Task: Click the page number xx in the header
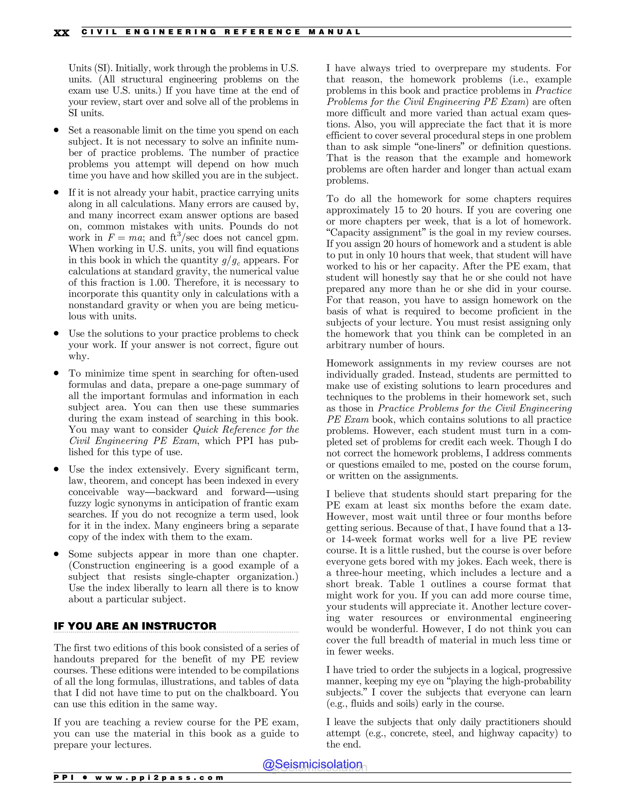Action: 61,33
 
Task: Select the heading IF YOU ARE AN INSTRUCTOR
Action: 135,626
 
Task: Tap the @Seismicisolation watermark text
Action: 312,764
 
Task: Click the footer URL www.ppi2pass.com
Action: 159,778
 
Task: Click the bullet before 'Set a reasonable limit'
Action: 56,130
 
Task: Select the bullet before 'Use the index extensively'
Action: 56,469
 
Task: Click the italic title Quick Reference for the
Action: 246,430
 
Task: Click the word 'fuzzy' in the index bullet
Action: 79,503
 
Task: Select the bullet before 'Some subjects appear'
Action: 56,554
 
